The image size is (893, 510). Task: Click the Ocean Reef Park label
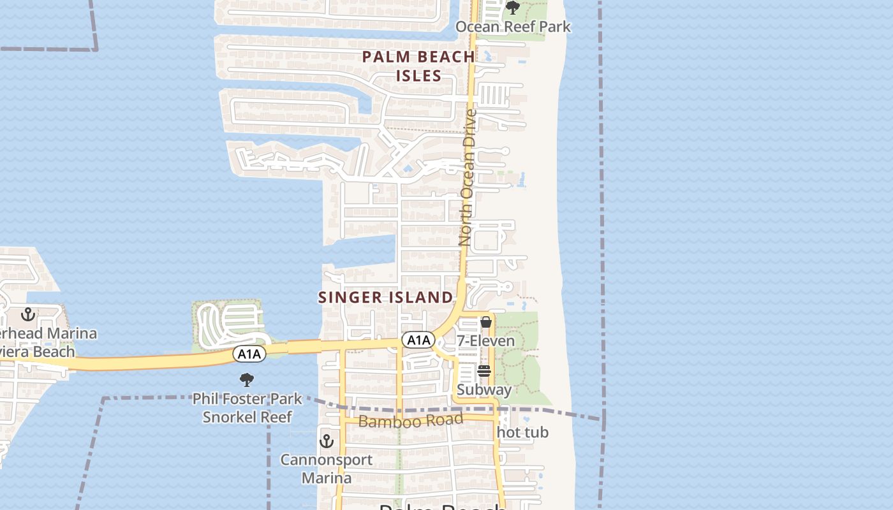click(513, 27)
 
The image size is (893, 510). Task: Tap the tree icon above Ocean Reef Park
click(513, 8)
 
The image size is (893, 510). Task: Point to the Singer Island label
click(385, 297)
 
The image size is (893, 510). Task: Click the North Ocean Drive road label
click(468, 178)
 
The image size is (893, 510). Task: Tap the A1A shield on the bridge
click(249, 354)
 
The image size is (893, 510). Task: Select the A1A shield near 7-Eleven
click(418, 340)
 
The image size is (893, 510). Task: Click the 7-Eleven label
click(485, 341)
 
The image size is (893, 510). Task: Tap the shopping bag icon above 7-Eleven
click(486, 322)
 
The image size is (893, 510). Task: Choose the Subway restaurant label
click(484, 390)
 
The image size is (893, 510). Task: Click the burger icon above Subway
click(484, 371)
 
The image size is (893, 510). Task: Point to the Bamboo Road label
click(410, 421)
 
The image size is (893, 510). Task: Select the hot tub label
click(522, 432)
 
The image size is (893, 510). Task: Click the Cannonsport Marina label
click(327, 469)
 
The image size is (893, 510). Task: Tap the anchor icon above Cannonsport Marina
click(327, 441)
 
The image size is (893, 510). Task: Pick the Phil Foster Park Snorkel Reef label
click(247, 408)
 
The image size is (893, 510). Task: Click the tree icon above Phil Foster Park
click(247, 381)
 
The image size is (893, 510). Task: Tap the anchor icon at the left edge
click(27, 314)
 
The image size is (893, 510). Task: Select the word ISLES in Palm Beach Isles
click(418, 76)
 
